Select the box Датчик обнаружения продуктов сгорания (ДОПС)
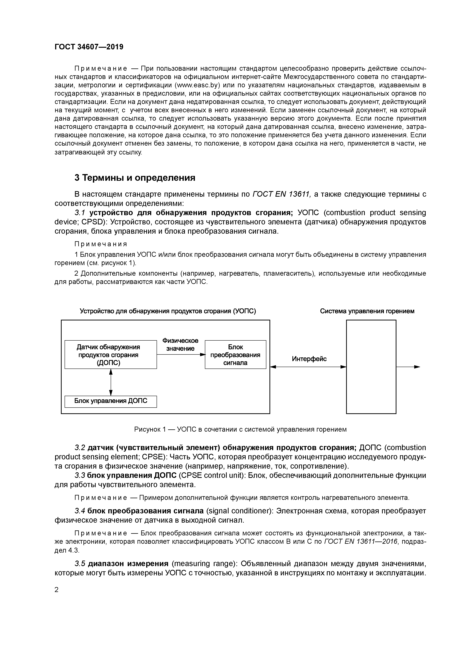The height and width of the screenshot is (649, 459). (110, 354)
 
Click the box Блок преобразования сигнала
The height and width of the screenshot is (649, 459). (235, 354)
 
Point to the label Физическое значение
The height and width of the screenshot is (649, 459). (180, 344)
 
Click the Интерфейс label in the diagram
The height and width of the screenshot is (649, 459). (309, 359)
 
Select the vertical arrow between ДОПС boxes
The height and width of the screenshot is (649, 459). (111, 382)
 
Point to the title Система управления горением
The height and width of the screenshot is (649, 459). (367, 311)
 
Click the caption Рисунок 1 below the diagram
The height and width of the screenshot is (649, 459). (240, 429)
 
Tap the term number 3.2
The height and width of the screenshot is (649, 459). (80, 448)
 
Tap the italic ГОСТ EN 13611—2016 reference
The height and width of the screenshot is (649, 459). (361, 541)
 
